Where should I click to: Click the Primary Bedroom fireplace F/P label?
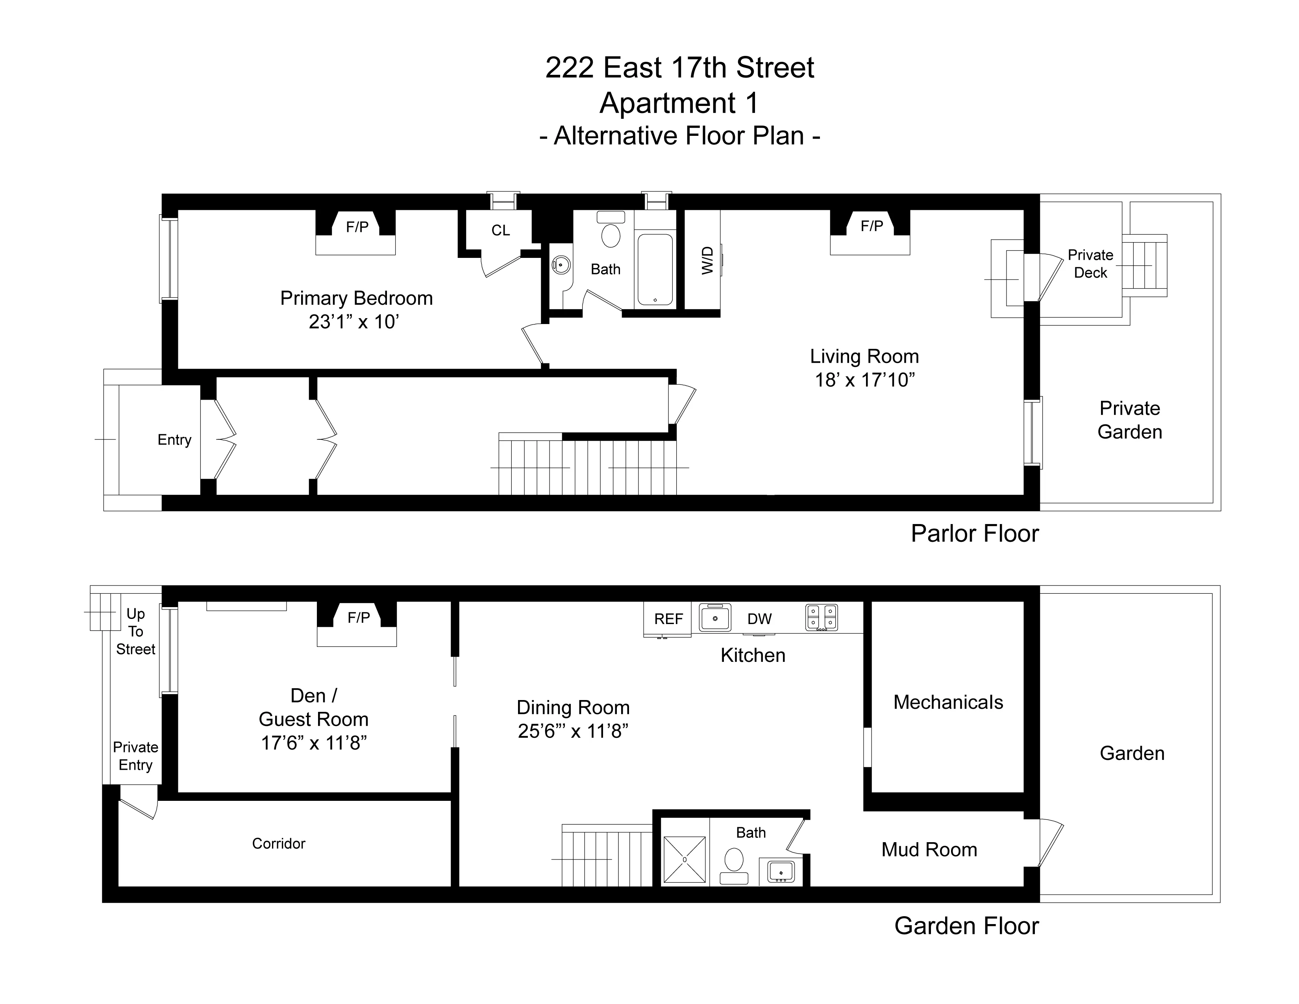tap(357, 227)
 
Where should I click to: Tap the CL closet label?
tap(500, 230)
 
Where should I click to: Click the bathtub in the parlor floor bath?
tap(655, 269)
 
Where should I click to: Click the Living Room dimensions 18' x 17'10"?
tap(864, 380)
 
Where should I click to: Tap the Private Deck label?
tap(1090, 263)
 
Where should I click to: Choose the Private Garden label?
tap(1129, 420)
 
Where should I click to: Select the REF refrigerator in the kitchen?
tap(668, 619)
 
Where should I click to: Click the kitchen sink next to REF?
tap(714, 618)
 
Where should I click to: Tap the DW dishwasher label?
tap(760, 619)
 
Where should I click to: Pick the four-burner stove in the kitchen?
tap(822, 617)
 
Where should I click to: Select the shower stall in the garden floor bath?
tap(685, 860)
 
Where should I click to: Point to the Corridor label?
tap(278, 843)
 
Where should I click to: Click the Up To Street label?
tap(136, 631)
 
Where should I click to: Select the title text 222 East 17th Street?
tap(679, 68)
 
